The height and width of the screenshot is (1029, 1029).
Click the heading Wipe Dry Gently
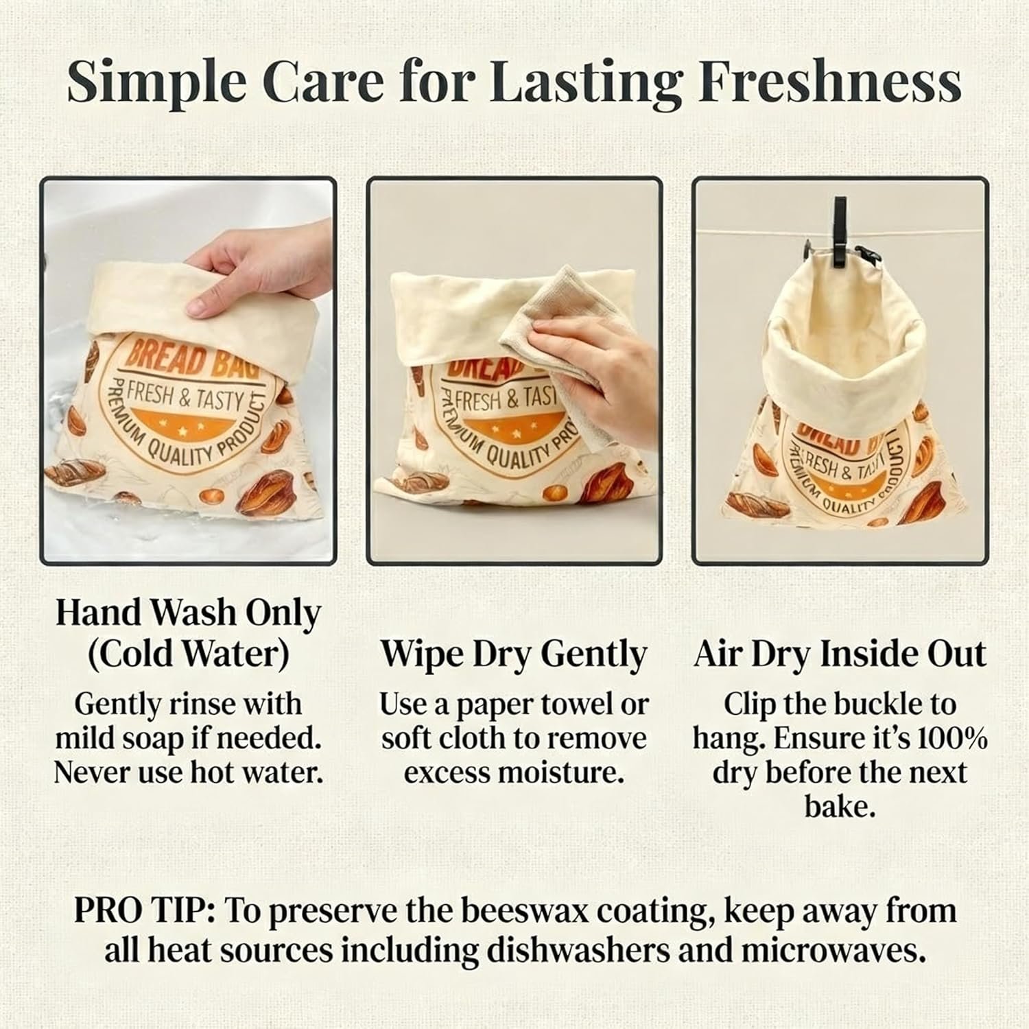tap(514, 654)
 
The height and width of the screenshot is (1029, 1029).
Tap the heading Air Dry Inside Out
tap(840, 654)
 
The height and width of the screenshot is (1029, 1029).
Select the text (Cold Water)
tap(188, 654)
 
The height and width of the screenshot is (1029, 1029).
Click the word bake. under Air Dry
tap(840, 807)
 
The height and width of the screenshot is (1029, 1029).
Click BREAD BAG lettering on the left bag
tap(191, 361)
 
